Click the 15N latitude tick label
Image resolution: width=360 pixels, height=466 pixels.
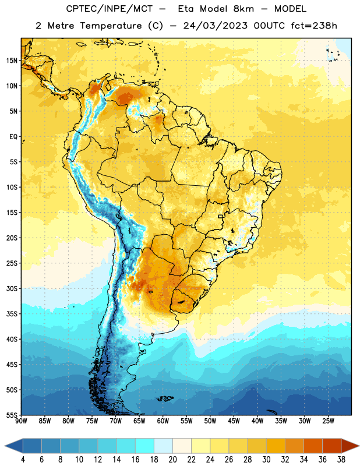click(x=12, y=61)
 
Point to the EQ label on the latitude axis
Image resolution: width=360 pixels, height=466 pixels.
click(x=13, y=137)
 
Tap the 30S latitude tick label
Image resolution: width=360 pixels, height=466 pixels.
click(x=12, y=288)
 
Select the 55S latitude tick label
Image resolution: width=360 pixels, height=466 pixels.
click(x=12, y=415)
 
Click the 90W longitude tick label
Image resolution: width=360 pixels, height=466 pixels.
click(x=21, y=421)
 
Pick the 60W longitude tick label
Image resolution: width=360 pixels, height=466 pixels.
click(x=163, y=421)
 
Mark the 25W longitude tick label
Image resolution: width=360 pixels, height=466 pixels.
click(x=328, y=421)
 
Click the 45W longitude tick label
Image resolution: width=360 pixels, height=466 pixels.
click(x=234, y=421)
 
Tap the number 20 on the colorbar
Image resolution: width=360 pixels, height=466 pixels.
click(x=172, y=460)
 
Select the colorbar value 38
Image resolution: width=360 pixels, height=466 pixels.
click(x=341, y=460)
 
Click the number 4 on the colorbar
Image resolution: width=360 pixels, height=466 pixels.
click(x=23, y=460)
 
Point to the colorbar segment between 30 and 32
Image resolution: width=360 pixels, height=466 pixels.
click(x=276, y=446)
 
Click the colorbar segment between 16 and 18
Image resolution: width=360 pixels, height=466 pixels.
click(x=144, y=446)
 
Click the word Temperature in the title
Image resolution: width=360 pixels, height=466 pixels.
click(x=111, y=26)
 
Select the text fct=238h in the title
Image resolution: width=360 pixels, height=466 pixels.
click(x=314, y=26)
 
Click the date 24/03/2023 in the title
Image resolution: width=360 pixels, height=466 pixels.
click(x=215, y=26)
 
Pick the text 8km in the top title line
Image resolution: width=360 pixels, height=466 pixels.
click(x=243, y=9)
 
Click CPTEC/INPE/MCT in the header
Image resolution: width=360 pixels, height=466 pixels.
click(x=109, y=9)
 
